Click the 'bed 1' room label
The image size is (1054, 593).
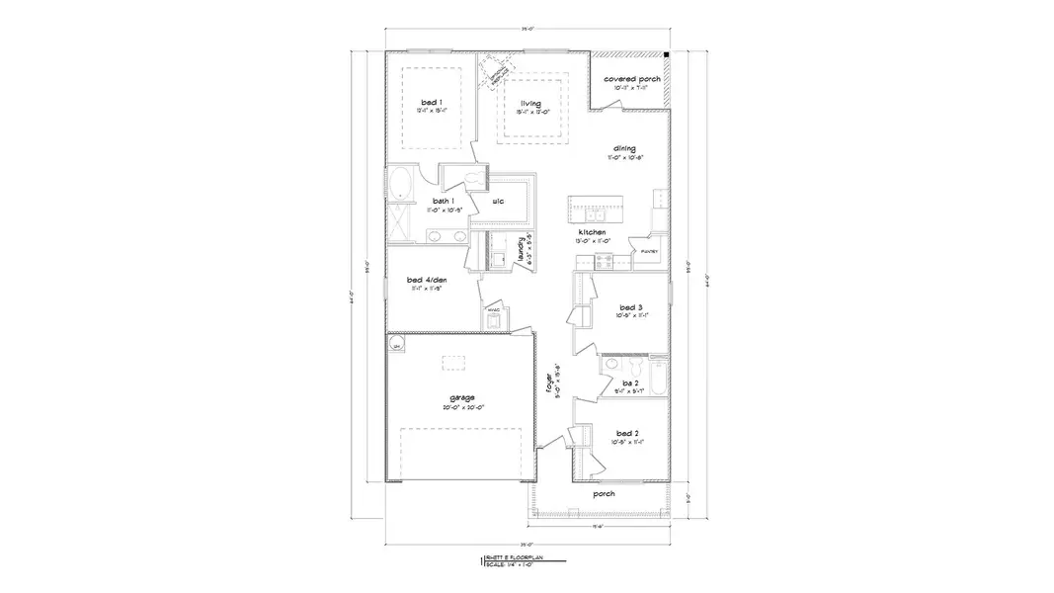[x=430, y=102]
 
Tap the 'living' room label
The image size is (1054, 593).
[x=531, y=103]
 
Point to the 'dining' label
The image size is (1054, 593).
[x=622, y=149]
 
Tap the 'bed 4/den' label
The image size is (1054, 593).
[x=427, y=280]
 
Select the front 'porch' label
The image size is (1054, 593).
[x=603, y=493]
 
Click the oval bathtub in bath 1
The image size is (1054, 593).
[x=400, y=185]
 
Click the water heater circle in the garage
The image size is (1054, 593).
[x=397, y=345]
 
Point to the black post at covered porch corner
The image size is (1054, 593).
[x=668, y=55]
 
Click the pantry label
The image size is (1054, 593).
[x=649, y=251]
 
